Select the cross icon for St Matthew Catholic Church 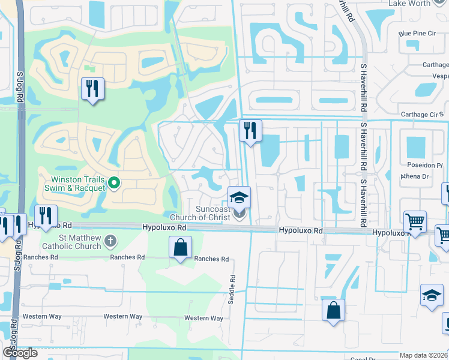(x=110, y=241)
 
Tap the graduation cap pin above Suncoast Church (x=239, y=197)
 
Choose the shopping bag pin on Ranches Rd (x=180, y=248)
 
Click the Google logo (x=20, y=353)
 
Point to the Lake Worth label (x=409, y=3)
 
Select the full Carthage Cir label (x=420, y=115)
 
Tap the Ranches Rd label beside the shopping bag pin (x=211, y=259)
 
